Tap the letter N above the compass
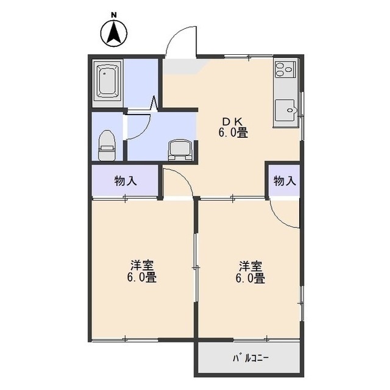(x=114, y=15)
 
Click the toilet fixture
(x=107, y=146)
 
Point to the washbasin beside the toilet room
(x=180, y=151)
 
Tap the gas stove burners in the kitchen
(x=285, y=68)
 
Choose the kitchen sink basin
(x=285, y=110)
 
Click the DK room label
(x=233, y=121)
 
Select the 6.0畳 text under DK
(x=233, y=133)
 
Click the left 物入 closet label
(x=126, y=181)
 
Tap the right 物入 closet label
(x=285, y=181)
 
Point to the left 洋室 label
(x=142, y=266)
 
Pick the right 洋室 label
(x=250, y=266)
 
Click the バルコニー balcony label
(x=250, y=358)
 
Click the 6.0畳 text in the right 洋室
(x=250, y=278)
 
